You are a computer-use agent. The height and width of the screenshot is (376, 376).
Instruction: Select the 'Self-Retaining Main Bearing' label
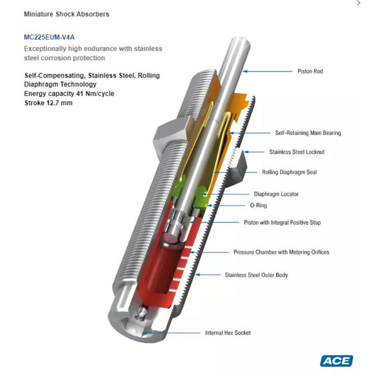308,133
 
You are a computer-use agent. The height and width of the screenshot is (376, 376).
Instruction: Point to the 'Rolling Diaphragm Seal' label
298,172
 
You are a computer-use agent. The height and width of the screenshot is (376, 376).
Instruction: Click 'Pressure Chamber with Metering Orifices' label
281,252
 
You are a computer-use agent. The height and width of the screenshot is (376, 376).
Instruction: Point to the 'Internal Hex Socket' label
227,333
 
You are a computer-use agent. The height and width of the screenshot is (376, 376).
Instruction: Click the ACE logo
337,360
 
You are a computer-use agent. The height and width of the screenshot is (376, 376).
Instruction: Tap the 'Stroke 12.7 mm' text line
48,102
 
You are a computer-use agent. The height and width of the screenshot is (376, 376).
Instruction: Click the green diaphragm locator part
202,199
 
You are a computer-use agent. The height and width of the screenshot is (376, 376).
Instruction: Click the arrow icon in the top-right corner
358,3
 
